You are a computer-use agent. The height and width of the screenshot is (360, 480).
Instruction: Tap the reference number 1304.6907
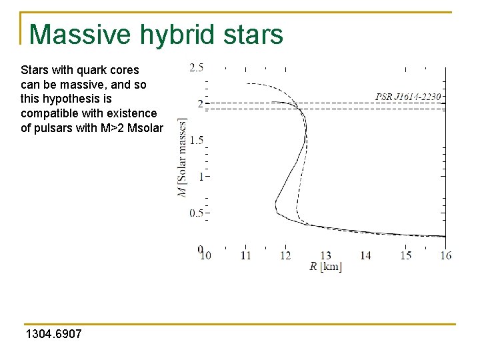point(53,333)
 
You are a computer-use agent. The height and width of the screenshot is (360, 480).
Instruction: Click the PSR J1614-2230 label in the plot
point(409,97)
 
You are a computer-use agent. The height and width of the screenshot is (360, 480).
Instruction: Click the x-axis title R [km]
point(325,267)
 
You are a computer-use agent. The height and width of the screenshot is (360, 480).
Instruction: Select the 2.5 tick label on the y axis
point(196,67)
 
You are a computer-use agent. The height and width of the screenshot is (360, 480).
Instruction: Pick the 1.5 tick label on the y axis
point(196,141)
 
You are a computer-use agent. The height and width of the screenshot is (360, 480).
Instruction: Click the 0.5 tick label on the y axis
point(196,213)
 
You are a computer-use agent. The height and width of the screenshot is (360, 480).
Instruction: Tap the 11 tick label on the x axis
point(245,255)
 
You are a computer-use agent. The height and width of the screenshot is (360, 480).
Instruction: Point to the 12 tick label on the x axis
point(285,255)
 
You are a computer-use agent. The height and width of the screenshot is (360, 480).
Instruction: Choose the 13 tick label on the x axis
point(325,255)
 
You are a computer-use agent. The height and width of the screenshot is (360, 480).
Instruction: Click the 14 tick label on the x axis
point(365,255)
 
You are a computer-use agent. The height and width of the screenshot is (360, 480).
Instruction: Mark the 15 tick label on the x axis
point(405,255)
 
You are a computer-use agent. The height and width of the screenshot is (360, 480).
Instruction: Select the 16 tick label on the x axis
point(445,255)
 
